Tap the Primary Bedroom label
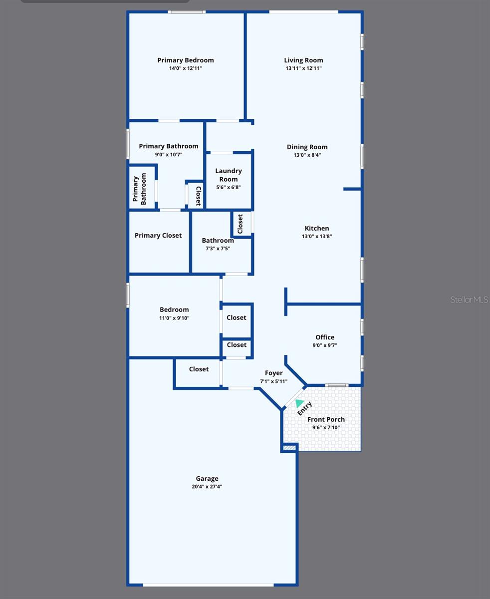point(186,60)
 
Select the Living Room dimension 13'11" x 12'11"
point(303,68)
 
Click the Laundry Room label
point(229,175)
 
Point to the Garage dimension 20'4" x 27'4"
point(207,487)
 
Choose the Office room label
point(325,337)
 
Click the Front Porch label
point(326,419)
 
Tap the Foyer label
point(273,373)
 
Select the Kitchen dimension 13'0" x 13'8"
point(317,237)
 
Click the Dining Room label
point(307,147)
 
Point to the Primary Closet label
point(158,236)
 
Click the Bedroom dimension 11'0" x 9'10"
point(174,318)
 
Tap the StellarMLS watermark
point(469,299)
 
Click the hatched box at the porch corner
point(289,448)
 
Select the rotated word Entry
point(304,408)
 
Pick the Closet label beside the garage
point(199,369)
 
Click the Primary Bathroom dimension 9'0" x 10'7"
point(169,155)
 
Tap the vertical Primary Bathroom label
point(140,190)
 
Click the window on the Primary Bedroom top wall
point(187,11)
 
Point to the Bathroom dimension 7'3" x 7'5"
point(218,249)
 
